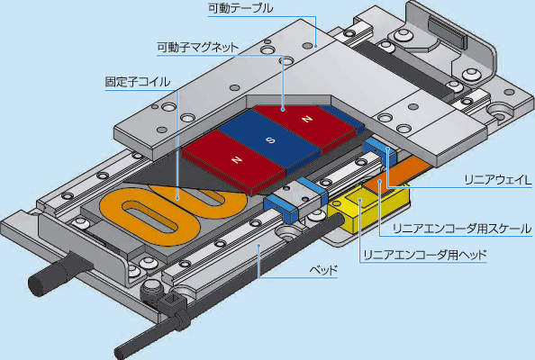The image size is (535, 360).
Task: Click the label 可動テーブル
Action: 240,8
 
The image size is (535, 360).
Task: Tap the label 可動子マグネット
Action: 197,47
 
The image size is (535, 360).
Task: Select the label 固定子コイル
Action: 138,82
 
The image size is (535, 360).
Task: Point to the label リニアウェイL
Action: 498,180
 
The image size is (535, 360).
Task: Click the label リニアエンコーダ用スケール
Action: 462,229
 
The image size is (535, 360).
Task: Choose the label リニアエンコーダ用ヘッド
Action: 425,255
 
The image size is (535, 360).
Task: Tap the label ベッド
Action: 323,271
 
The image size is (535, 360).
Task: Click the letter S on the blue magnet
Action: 270,139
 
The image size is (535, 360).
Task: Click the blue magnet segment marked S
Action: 270,140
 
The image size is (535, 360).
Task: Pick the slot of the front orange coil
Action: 150,218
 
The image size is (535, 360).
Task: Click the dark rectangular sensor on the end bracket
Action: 447,32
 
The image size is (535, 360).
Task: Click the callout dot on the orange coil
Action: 177,197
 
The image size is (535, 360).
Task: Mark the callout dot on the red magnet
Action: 283,110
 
